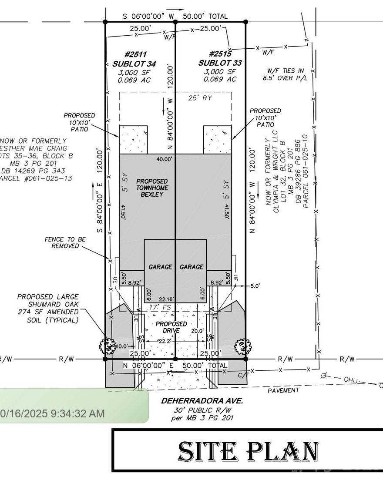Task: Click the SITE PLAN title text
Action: (x=249, y=451)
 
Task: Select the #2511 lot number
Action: (x=135, y=54)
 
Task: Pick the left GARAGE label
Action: (x=160, y=267)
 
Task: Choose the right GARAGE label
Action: (x=191, y=267)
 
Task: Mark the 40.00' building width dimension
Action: (x=164, y=159)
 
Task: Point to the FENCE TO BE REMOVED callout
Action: (x=65, y=242)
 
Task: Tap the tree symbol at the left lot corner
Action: (x=107, y=346)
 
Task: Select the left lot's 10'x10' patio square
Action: (x=134, y=139)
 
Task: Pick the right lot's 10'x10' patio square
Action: (x=217, y=139)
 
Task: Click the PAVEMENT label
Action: (x=283, y=390)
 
